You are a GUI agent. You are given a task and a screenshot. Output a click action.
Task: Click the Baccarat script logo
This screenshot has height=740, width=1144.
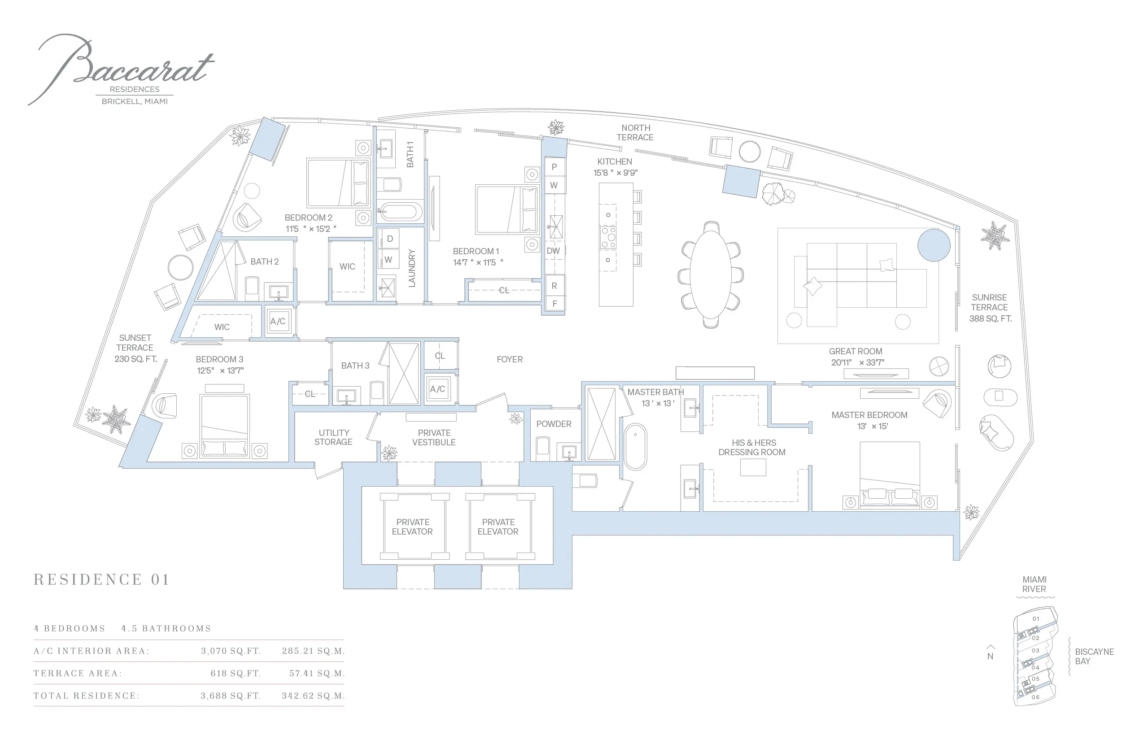120,67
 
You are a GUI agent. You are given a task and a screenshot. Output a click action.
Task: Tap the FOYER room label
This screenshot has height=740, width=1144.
510,359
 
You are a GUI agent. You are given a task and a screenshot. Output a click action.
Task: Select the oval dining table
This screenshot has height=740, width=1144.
711,275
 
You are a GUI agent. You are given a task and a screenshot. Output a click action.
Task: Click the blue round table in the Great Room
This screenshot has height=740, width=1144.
934,245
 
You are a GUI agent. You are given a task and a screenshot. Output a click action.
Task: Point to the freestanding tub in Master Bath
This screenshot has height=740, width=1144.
635,446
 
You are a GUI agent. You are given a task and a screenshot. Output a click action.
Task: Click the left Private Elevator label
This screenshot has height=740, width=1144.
412,527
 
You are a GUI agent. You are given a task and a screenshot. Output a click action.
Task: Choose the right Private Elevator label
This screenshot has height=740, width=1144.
498,527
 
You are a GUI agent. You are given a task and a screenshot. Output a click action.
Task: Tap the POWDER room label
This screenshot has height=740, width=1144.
554,424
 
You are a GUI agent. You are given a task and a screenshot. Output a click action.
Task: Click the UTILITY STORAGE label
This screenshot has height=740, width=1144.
334,437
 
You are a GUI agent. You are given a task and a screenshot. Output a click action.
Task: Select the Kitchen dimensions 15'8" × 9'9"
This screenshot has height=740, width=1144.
615,173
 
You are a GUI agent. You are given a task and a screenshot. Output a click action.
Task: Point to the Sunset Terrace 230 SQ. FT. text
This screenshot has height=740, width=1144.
135,348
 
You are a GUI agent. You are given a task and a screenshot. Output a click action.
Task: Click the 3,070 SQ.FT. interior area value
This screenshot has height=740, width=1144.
231,651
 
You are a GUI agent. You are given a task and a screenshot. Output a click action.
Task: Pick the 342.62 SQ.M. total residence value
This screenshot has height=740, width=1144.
314,696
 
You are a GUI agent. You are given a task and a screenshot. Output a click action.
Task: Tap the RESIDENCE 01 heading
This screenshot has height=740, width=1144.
101,579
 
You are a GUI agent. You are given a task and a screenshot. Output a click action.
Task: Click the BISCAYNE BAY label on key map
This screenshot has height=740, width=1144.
1095,657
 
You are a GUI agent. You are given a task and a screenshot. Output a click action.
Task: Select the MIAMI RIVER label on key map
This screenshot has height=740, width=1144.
1035,584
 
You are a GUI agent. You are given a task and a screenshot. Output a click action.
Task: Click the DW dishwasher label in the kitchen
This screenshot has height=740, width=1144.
553,251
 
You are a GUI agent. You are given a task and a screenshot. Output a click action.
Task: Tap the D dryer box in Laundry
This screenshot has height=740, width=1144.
390,238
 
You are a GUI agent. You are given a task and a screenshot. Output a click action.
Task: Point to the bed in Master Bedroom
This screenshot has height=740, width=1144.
890,475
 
